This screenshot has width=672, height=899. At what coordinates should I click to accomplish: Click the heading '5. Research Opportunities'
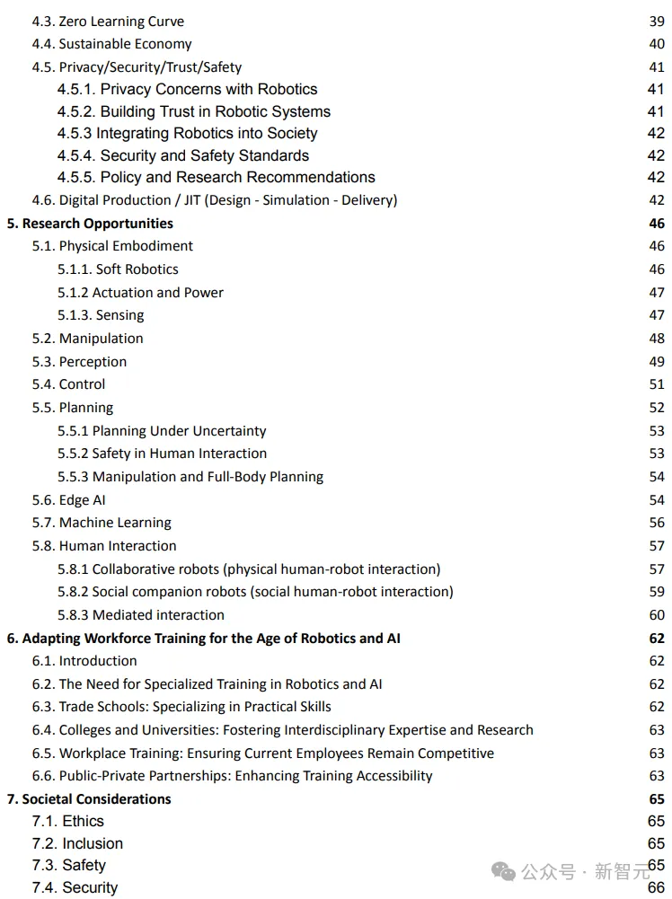(90, 224)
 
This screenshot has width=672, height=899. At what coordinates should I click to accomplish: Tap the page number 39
(657, 21)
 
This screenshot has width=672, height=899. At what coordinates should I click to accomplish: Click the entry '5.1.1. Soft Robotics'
(118, 269)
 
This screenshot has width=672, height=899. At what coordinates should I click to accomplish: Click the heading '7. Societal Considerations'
(89, 799)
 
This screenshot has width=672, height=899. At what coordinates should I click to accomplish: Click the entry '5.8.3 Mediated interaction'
(141, 615)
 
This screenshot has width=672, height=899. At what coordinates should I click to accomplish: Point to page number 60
(657, 615)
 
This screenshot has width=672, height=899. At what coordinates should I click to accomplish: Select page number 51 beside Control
(657, 384)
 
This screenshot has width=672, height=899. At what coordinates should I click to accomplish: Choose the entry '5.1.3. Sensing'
(101, 315)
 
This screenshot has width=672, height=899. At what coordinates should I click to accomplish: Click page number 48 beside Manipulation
(657, 339)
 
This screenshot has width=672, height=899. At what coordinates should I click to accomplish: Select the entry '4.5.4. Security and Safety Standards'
(183, 155)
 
